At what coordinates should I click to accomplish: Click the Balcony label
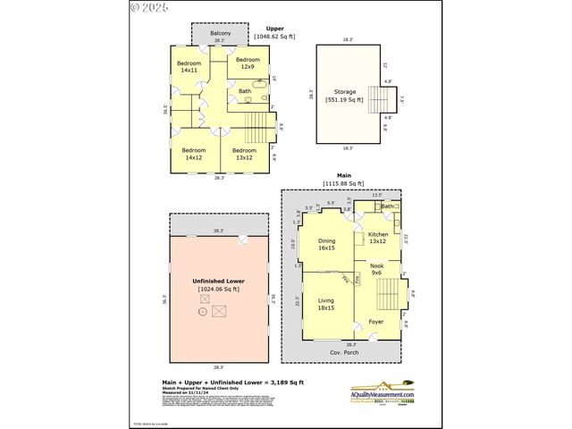coord(220,34)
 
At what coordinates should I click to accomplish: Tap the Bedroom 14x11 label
coord(189,66)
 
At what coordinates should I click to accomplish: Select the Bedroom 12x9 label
coord(247,63)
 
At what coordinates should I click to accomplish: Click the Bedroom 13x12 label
coord(244,154)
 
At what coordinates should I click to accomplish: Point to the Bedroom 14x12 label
coord(194,154)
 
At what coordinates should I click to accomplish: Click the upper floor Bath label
coord(245,91)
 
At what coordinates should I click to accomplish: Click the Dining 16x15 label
coord(326,244)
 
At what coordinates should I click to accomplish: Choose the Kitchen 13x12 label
coord(377,237)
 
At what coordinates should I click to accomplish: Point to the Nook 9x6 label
coord(376,269)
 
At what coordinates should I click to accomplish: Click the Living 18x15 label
coord(326,304)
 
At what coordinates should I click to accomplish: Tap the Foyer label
coord(375,321)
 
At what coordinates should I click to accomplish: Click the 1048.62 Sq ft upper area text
coord(273,36)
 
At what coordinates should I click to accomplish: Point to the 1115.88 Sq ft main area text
coord(344,183)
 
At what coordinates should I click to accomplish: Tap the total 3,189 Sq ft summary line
coord(220,382)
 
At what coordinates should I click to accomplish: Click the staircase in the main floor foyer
coord(389,294)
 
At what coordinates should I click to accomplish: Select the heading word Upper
coord(273,29)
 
